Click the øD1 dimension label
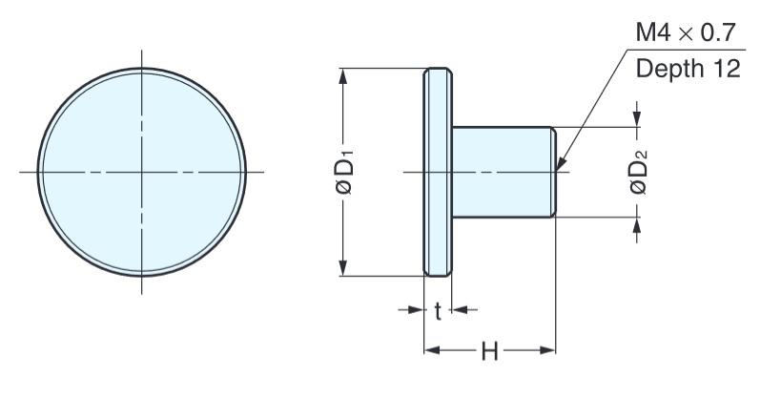point(345,173)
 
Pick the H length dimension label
point(489,351)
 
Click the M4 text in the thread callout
point(653,34)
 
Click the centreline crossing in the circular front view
point(142,172)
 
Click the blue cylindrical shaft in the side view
point(502,173)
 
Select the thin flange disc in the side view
point(437,173)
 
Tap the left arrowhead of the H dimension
point(430,351)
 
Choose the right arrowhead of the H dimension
point(548,351)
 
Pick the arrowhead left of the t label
point(416,309)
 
